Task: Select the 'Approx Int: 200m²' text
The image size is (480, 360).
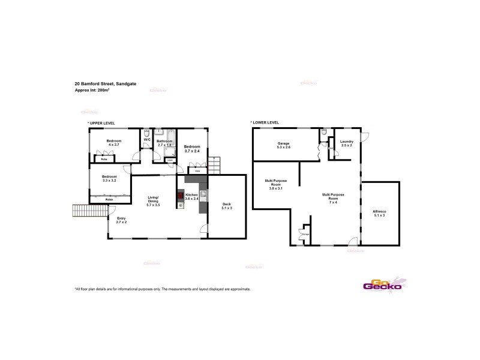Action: (92, 90)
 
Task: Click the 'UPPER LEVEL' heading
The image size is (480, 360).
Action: (101, 123)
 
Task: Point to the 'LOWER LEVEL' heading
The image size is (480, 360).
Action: (265, 123)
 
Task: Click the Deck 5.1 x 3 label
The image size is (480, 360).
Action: (226, 205)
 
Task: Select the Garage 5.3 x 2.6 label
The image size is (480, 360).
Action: (284, 145)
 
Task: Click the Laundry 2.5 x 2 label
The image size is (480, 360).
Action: (347, 143)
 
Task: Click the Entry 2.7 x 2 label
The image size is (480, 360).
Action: (121, 220)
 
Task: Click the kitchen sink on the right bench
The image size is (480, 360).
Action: (203, 194)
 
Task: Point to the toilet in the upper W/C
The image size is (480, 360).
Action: (147, 133)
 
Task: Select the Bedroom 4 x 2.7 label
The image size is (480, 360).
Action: (114, 143)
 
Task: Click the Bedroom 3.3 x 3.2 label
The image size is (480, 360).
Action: (109, 178)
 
